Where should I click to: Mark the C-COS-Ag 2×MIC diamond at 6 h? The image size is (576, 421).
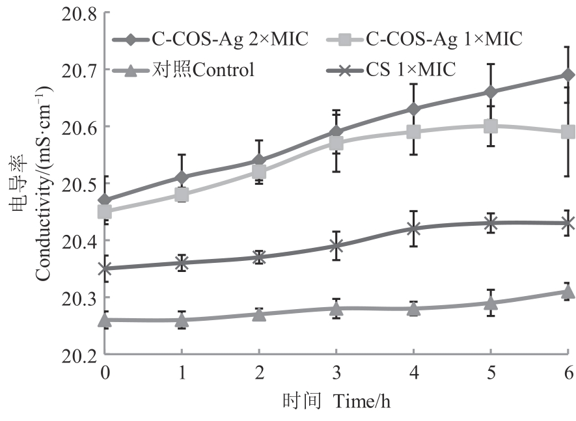[x=568, y=75]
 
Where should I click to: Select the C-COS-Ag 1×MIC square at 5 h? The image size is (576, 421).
[x=491, y=126]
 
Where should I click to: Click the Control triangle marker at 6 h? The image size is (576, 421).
[x=568, y=292]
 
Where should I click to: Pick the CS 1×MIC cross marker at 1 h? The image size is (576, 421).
[x=182, y=263]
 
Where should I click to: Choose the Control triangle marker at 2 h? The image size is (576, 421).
[x=259, y=314]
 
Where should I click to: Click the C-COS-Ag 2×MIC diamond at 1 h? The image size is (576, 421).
[x=182, y=177]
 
